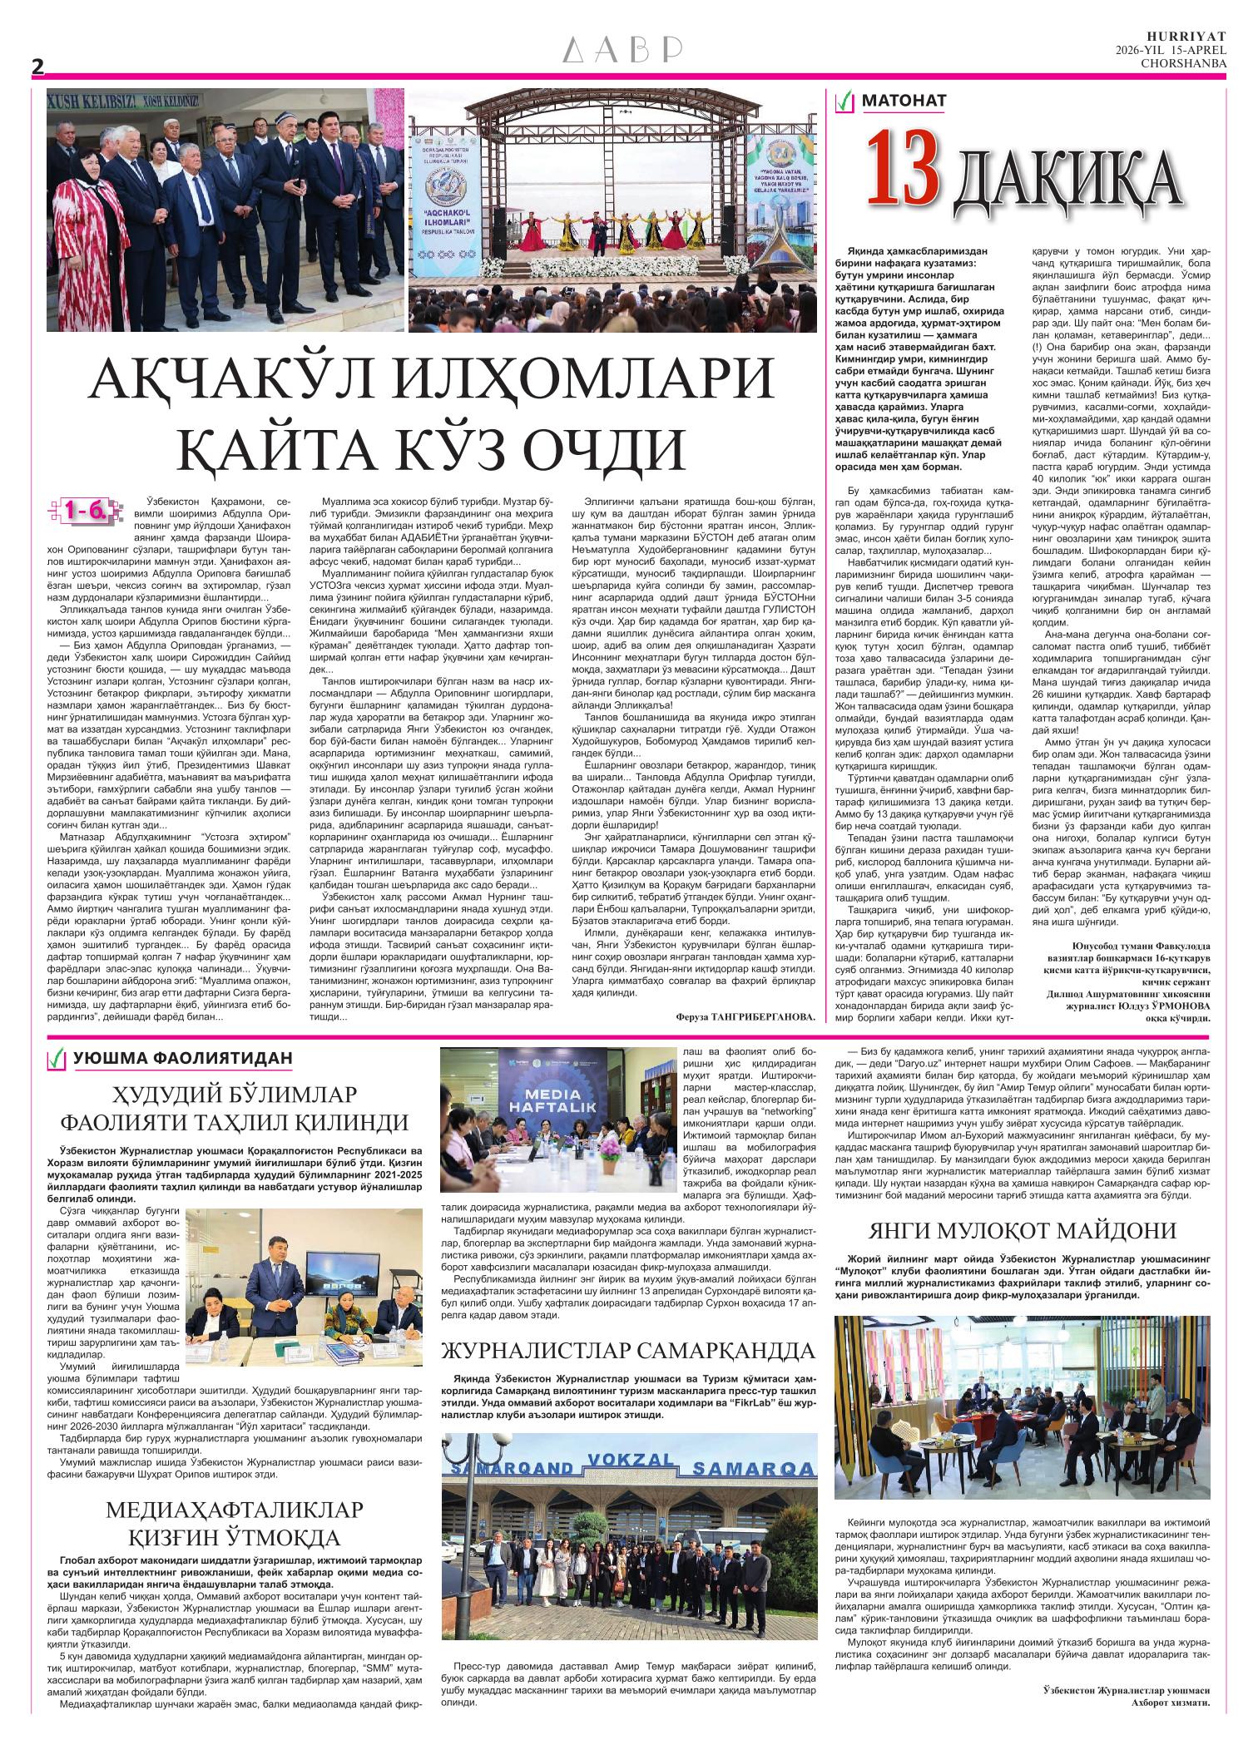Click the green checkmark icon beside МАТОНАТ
click(x=845, y=102)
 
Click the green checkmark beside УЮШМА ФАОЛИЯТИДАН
click(x=57, y=1059)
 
